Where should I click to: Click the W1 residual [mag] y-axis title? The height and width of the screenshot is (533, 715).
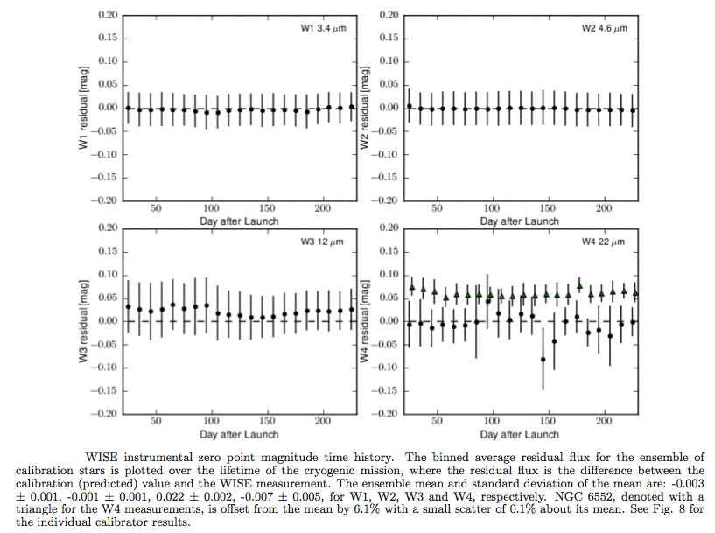coord(84,108)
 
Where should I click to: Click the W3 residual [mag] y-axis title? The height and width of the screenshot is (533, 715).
coord(84,320)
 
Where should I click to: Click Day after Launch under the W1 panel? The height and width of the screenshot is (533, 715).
coord(239,221)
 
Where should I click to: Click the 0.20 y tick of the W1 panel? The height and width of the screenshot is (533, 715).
coord(107,16)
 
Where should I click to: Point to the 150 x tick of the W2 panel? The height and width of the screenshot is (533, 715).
coord(548,209)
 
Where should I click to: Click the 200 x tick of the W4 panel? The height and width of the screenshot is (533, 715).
coord(604,422)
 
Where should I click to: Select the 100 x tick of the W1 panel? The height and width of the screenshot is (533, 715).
coord(211,209)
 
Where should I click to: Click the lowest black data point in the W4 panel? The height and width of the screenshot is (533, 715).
coord(543,360)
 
